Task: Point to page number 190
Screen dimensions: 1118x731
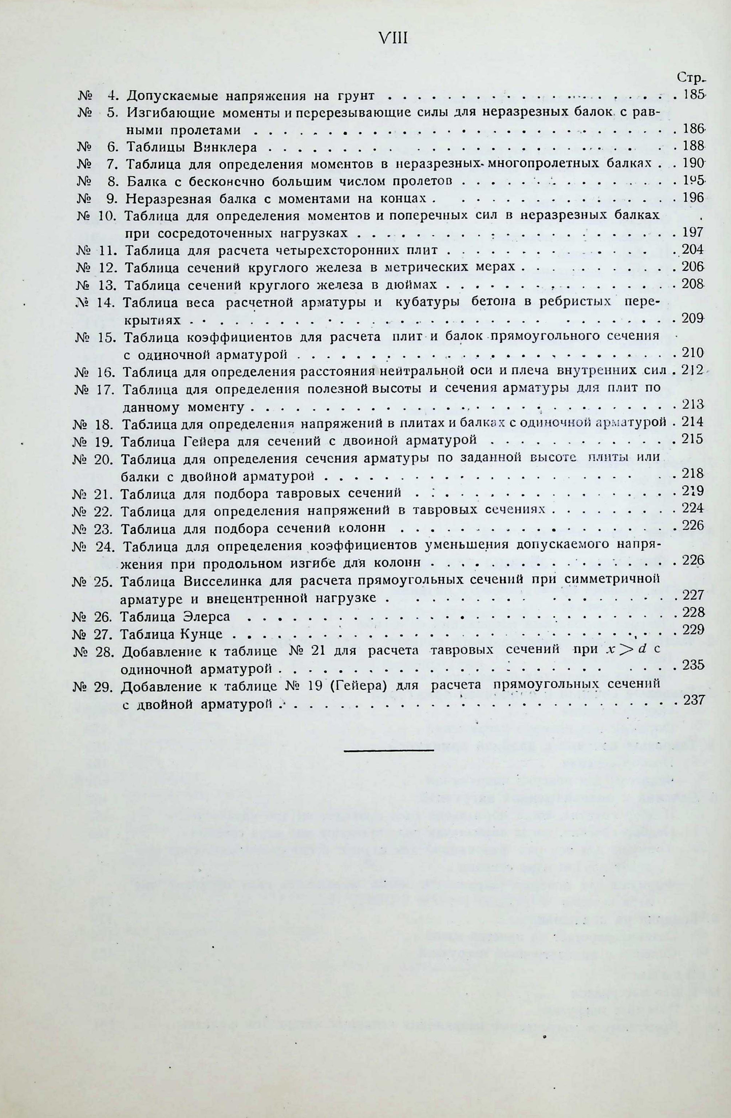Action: (x=692, y=163)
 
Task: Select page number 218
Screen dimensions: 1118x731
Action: (x=692, y=473)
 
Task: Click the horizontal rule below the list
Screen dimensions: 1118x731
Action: (x=388, y=750)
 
